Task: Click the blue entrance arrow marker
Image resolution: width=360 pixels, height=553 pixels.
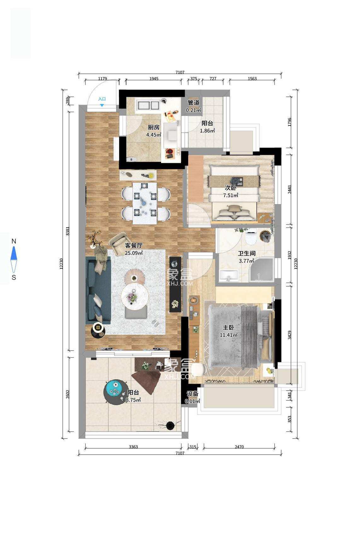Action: [x=102, y=105]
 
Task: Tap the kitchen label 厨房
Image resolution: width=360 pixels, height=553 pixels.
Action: [x=154, y=128]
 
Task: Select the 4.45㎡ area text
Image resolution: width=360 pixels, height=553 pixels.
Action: [x=154, y=135]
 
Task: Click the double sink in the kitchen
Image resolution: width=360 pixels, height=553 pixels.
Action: [x=147, y=105]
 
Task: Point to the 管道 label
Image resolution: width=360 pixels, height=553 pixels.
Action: [x=193, y=103]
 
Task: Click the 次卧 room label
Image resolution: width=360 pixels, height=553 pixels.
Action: [x=230, y=188]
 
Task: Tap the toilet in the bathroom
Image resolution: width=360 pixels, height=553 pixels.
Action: [x=251, y=239]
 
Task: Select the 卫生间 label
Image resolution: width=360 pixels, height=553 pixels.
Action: [x=246, y=253]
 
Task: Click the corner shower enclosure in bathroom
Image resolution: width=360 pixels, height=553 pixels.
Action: [x=262, y=270]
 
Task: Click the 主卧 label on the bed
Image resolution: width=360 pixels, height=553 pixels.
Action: [x=228, y=328]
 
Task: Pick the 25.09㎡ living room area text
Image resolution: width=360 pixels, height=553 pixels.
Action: [x=134, y=253]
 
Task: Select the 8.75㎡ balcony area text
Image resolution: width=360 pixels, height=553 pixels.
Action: [x=133, y=400]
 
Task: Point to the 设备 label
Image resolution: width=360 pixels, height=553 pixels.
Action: [x=193, y=394]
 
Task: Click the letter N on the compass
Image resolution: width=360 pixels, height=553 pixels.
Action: [x=14, y=241]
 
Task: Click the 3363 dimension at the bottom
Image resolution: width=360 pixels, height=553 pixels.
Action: [x=133, y=447]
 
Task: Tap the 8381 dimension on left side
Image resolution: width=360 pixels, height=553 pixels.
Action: [x=67, y=231]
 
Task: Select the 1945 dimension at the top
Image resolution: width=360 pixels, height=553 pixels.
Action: [x=154, y=79]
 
